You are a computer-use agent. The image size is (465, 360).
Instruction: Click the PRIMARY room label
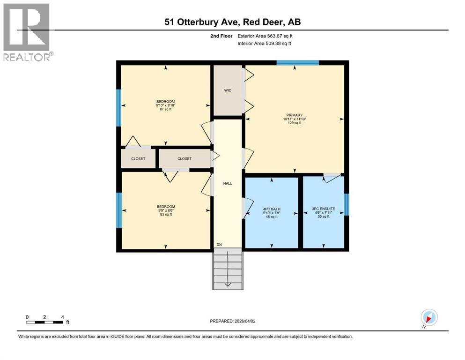pyautogui.click(x=295, y=115)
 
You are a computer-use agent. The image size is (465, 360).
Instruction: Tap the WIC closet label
pyautogui.click(x=228, y=90)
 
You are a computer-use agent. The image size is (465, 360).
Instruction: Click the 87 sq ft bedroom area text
pyautogui.click(x=165, y=110)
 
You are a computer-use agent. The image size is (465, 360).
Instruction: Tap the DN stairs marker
pyautogui.click(x=219, y=245)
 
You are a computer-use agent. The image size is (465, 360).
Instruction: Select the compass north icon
pyautogui.click(x=429, y=317)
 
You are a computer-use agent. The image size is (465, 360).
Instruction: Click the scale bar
pyautogui.click(x=44, y=322)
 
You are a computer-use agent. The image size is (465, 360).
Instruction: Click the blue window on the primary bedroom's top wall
pyautogui.click(x=297, y=62)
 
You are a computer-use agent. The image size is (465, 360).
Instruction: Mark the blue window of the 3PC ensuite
pyautogui.click(x=347, y=204)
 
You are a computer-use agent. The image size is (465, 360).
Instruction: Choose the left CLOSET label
pyautogui.click(x=138, y=158)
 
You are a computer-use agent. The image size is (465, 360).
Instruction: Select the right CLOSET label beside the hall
pyautogui.click(x=185, y=158)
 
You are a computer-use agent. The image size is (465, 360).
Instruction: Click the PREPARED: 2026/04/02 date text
pyautogui.click(x=236, y=321)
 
